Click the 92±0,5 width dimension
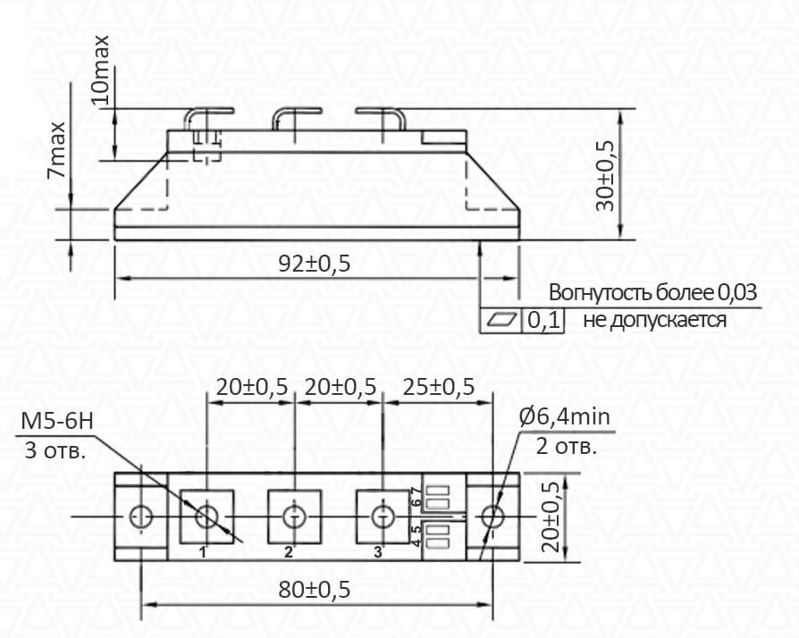[x=315, y=264]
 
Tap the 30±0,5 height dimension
[x=605, y=175]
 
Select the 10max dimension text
[x=100, y=70]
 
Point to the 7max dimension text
[x=56, y=150]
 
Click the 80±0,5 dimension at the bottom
[x=315, y=590]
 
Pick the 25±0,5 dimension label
[x=439, y=387]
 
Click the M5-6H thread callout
[x=57, y=422]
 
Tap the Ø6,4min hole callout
[x=565, y=416]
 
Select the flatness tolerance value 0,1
[x=543, y=321]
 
